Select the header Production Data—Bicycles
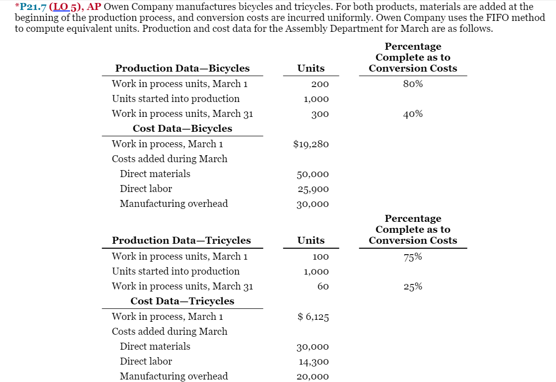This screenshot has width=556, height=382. [x=182, y=68]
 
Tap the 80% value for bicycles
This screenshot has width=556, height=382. [x=413, y=84]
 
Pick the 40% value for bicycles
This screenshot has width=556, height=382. [x=413, y=114]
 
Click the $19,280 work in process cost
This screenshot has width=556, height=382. [x=311, y=144]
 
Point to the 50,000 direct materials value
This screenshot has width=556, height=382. [x=313, y=174]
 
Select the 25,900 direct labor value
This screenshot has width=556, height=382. [x=313, y=189]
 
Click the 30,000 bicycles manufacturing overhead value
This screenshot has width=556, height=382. [x=313, y=204]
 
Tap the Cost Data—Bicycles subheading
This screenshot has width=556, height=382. [x=182, y=128]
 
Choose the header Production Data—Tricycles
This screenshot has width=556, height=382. [x=181, y=240]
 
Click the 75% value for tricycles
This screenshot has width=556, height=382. [x=413, y=257]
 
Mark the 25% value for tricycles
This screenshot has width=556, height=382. [x=413, y=286]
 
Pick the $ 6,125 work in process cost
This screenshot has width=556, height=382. [x=313, y=317]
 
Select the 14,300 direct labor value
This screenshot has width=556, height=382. [x=313, y=362]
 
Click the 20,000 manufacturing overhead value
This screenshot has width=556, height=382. [x=313, y=377]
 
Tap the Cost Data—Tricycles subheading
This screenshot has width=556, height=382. [x=182, y=301]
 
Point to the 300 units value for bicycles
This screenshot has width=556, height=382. [x=320, y=114]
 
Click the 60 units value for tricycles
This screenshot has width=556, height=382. [x=323, y=286]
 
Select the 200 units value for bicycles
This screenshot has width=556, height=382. [x=320, y=84]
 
